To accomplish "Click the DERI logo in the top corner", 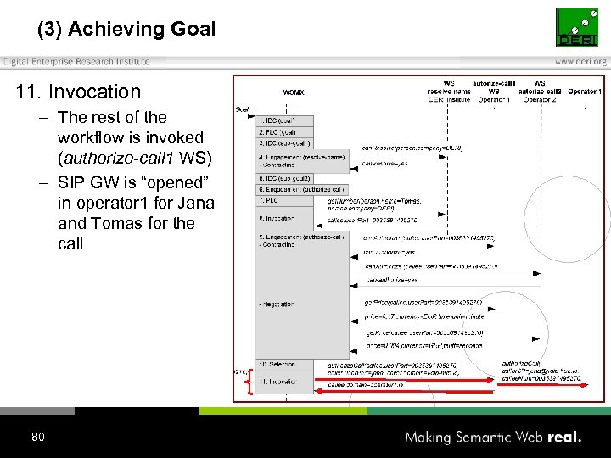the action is [x=581, y=27].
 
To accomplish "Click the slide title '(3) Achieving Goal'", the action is [x=126, y=29].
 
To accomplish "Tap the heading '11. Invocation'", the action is [x=78, y=92].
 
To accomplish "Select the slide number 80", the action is [x=37, y=437].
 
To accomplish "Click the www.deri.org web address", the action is [x=580, y=61].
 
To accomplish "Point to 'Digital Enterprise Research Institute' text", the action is [x=76, y=61].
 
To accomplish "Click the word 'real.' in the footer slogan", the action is [x=564, y=438].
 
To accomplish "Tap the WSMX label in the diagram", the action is [x=293, y=92].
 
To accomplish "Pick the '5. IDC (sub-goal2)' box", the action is [x=285, y=178].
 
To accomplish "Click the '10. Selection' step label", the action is [x=277, y=364].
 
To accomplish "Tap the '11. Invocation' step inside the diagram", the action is [x=279, y=383].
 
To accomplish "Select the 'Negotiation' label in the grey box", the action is [x=279, y=303].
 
